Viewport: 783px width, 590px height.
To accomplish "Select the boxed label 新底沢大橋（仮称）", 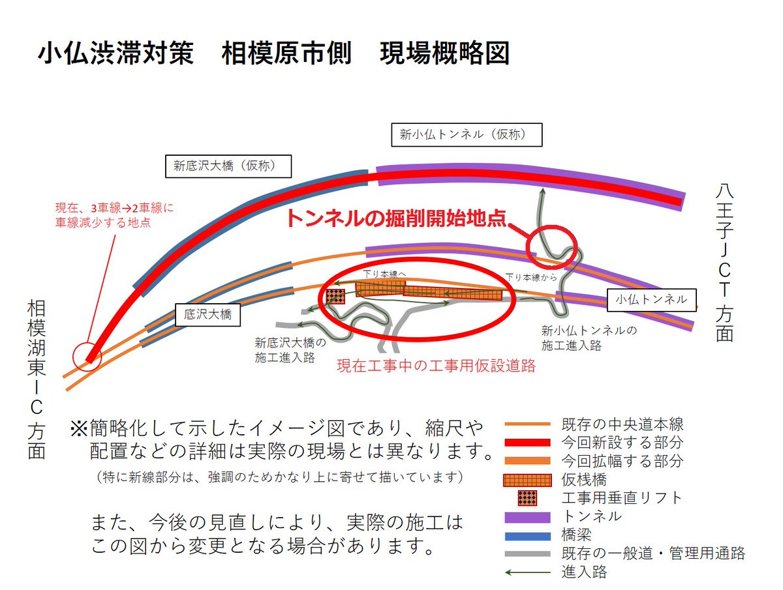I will coord(224,166).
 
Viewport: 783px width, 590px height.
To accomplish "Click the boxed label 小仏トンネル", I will coord(651,299).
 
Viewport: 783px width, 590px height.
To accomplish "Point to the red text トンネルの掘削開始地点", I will coord(395,218).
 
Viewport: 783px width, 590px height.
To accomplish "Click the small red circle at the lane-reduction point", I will coord(87,357).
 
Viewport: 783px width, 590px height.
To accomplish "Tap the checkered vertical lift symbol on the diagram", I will coord(336,296).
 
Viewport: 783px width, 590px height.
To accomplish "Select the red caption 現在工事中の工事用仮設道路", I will coord(436,366).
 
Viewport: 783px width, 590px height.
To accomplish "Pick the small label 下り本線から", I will coord(531,277).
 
